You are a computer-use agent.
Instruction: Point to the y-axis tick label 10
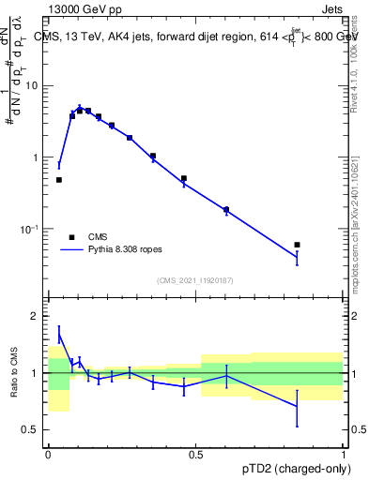pyautogui.click(x=35, y=86)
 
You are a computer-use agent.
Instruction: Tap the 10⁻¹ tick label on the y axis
pyautogui.click(x=33, y=230)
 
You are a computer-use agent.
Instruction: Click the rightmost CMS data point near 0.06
pyautogui.click(x=297, y=245)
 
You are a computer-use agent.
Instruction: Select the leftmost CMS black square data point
pyautogui.click(x=59, y=180)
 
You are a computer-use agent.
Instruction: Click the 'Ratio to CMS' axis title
pyautogui.click(x=14, y=373)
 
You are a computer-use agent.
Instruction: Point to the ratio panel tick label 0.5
pyautogui.click(x=33, y=430)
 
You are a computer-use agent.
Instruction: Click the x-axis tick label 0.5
pyautogui.click(x=195, y=455)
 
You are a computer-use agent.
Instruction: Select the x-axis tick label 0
pyautogui.click(x=48, y=455)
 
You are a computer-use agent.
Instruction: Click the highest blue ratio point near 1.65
pyautogui.click(x=59, y=336)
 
